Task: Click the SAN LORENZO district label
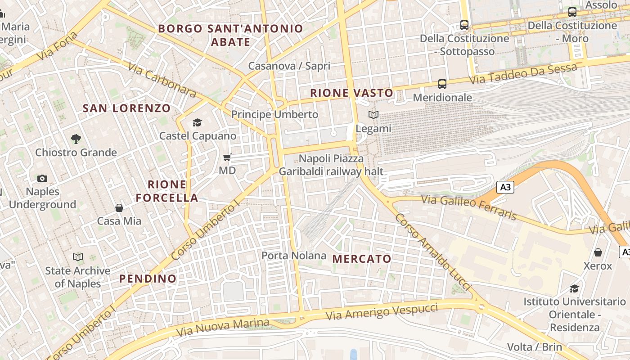127,108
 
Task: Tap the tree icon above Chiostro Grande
76,139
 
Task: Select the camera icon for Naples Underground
42,178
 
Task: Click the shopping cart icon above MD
227,157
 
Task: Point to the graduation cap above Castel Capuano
197,122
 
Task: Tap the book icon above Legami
373,115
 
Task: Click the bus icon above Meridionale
442,84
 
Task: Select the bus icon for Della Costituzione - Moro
572,12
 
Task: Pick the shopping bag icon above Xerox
598,252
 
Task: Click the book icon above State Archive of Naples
78,257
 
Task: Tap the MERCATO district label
362,259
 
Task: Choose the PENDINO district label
148,279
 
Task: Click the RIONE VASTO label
352,93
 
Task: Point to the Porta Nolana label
294,256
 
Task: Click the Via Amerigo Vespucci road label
382,311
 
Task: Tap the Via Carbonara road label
162,80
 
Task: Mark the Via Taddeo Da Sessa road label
522,74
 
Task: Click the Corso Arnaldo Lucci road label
432,252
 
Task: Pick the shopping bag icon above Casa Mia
119,208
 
